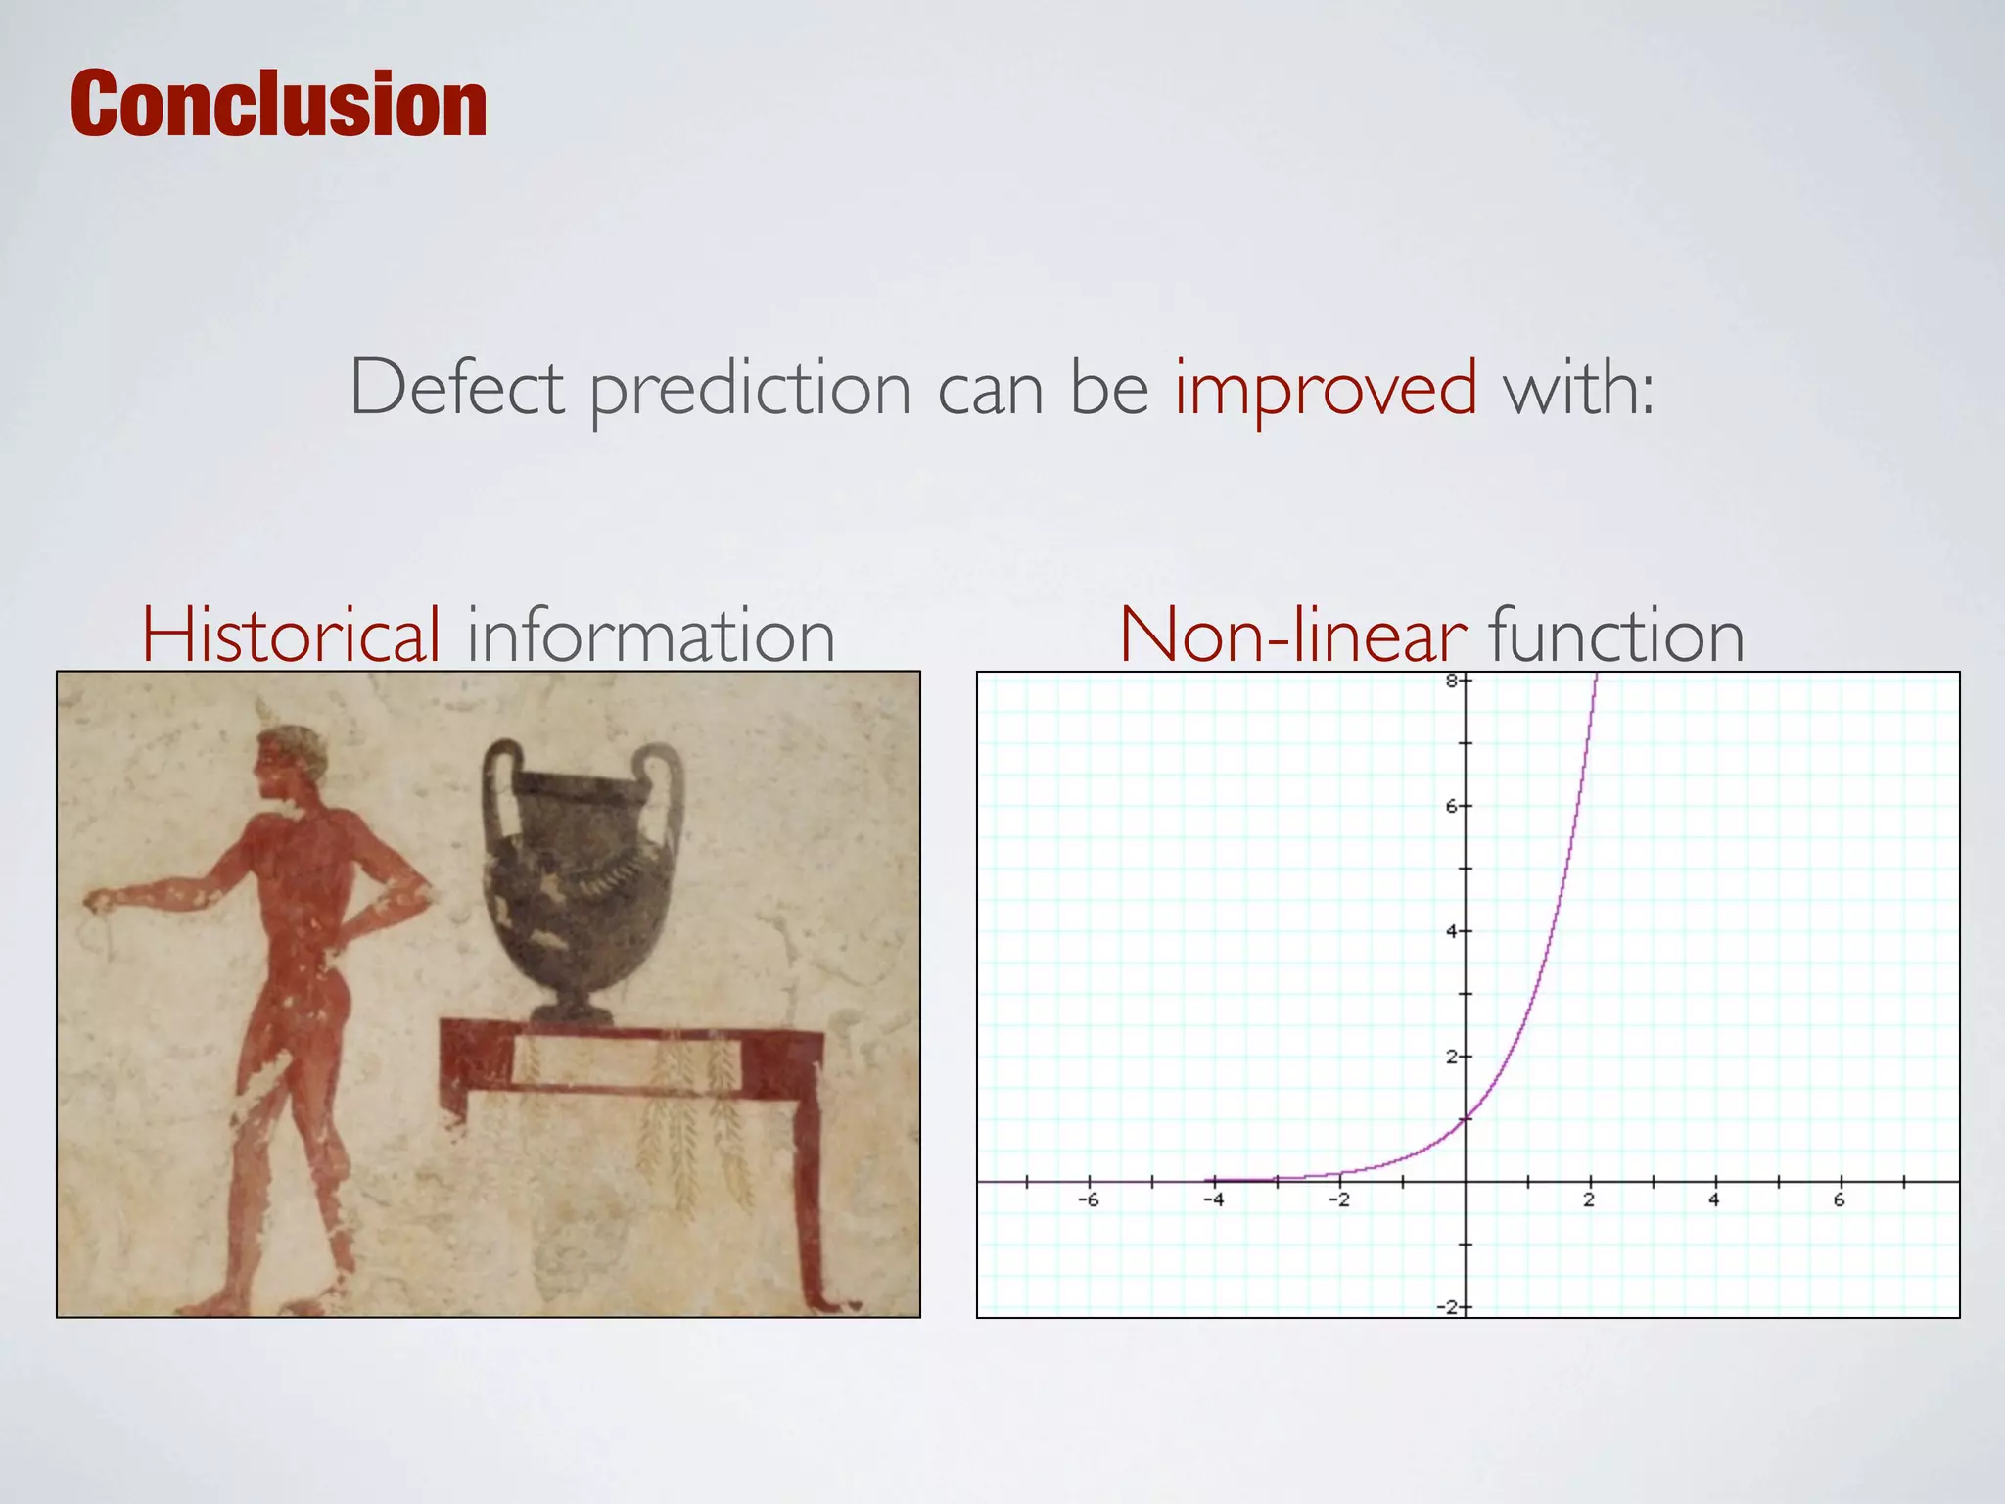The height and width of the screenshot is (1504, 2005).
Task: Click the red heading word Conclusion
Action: [x=279, y=104]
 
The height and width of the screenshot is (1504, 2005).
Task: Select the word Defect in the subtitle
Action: [x=456, y=388]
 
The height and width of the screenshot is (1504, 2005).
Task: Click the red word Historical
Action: [x=292, y=635]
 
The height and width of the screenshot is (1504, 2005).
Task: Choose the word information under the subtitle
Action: [x=650, y=635]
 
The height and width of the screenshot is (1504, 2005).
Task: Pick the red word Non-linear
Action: [x=1292, y=635]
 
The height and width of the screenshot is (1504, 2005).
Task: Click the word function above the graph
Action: [x=1616, y=635]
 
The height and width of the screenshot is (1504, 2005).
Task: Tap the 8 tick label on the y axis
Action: [x=1453, y=681]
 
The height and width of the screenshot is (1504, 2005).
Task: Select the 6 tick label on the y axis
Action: [x=1453, y=806]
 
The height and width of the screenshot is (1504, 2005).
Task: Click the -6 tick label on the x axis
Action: [x=1088, y=1200]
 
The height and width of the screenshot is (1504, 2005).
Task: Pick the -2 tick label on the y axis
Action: [x=1451, y=1307]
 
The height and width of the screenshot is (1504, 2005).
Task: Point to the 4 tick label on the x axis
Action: [x=1714, y=1200]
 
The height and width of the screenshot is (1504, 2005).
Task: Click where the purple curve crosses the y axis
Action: [x=1466, y=1119]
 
